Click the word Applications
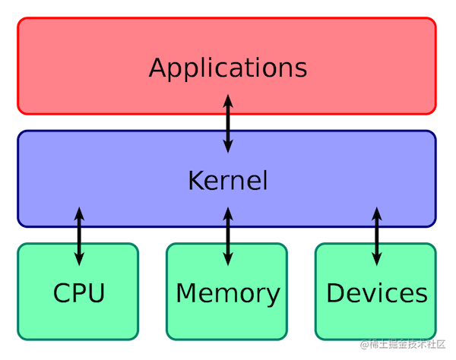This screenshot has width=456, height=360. (228, 68)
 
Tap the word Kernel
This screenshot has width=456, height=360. (228, 181)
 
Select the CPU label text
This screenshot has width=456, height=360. (79, 292)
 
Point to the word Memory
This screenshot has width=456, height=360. (228, 292)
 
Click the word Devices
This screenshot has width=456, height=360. (376, 292)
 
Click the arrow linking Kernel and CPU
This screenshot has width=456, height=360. (79, 235)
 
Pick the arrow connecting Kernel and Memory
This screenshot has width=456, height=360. (227, 235)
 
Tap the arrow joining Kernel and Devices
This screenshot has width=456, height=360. (376, 235)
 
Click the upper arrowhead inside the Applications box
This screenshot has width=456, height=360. (227, 99)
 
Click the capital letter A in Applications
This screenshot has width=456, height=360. (158, 67)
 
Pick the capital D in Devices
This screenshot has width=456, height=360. (335, 292)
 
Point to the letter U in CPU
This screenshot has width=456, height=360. (96, 292)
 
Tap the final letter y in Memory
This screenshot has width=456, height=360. (273, 295)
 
